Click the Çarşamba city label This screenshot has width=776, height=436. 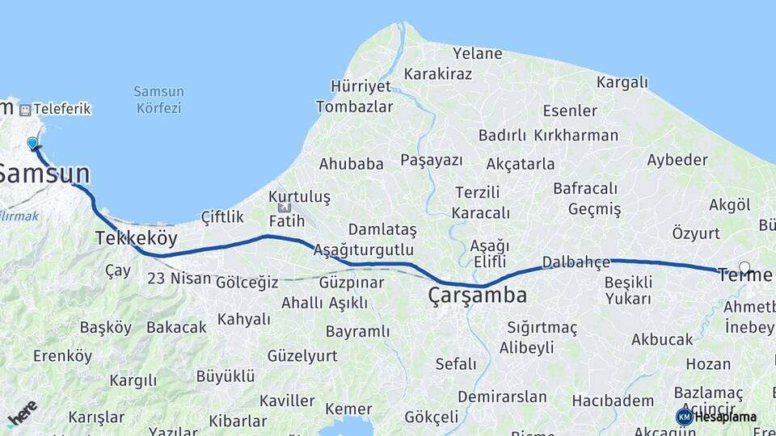click(478, 296)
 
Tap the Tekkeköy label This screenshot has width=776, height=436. click(135, 238)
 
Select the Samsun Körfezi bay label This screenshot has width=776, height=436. click(158, 99)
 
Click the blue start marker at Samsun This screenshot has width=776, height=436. click(33, 143)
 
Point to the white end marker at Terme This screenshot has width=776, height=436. click(744, 267)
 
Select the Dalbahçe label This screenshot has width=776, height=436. click(576, 262)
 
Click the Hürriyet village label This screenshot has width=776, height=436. click(361, 86)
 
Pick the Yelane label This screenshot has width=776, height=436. click(477, 54)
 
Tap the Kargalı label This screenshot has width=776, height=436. click(622, 82)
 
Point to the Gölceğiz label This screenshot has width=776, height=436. click(247, 282)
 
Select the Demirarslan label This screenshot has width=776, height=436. click(502, 396)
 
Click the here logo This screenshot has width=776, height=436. click(22, 413)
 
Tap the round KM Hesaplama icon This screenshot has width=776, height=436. click(684, 417)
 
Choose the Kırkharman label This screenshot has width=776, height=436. click(576, 135)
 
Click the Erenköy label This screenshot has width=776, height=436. click(62, 355)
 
